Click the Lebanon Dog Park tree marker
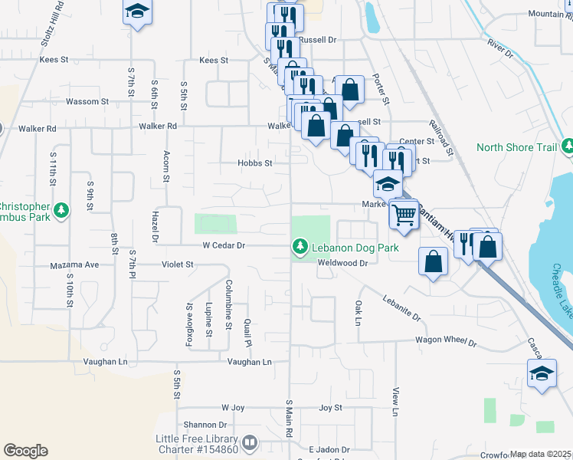point(300,247)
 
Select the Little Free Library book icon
point(250,443)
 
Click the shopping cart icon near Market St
point(404,214)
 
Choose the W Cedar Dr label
point(223,246)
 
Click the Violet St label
point(178,264)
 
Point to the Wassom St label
point(87,101)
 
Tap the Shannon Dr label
point(205,425)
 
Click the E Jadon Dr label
point(329,449)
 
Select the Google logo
point(25,451)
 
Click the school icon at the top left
point(137,11)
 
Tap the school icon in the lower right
point(542,374)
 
